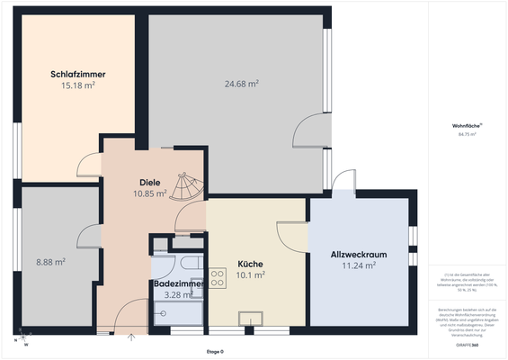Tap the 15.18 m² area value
point(78,86)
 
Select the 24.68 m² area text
point(241,84)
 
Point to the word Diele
point(149,181)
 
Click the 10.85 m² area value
point(149,193)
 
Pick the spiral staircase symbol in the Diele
point(187,186)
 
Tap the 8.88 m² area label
point(50,262)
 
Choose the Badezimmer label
point(179,283)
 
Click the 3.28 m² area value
point(179,294)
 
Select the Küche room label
point(250,264)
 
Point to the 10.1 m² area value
point(250,275)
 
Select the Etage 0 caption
point(214,351)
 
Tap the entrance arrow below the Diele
point(132,338)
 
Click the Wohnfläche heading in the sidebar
point(466,125)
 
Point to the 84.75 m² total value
point(466,134)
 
